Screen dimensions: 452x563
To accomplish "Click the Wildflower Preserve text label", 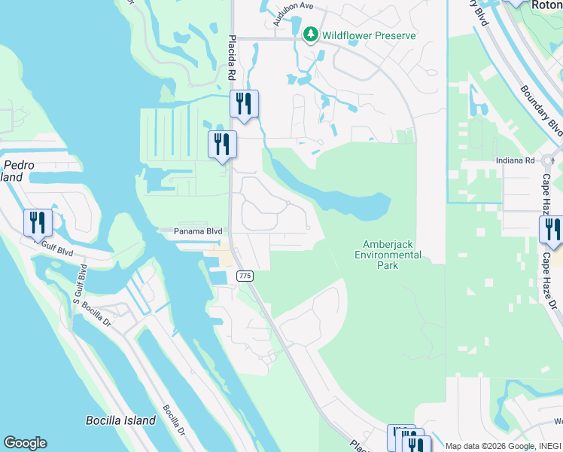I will pyautogui.click(x=369, y=35).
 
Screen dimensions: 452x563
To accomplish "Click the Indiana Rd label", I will pyautogui.click(x=515, y=160).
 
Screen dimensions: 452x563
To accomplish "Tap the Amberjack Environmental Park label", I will pyautogui.click(x=391, y=249).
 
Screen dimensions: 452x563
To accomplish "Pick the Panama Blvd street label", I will pyautogui.click(x=198, y=231).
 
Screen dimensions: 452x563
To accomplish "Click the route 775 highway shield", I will pyautogui.click(x=245, y=276).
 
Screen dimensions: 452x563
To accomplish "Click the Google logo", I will pyautogui.click(x=25, y=443).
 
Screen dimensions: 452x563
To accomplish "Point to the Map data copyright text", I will pyautogui.click(x=503, y=446).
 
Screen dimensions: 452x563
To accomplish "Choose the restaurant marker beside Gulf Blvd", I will pyautogui.click(x=38, y=222).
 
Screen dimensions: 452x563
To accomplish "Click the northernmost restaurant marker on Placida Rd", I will pyautogui.click(x=244, y=103).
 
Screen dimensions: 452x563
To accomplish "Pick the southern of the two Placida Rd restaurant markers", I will pyautogui.click(x=222, y=144).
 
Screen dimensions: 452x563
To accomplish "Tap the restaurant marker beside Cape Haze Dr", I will pyautogui.click(x=552, y=229).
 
